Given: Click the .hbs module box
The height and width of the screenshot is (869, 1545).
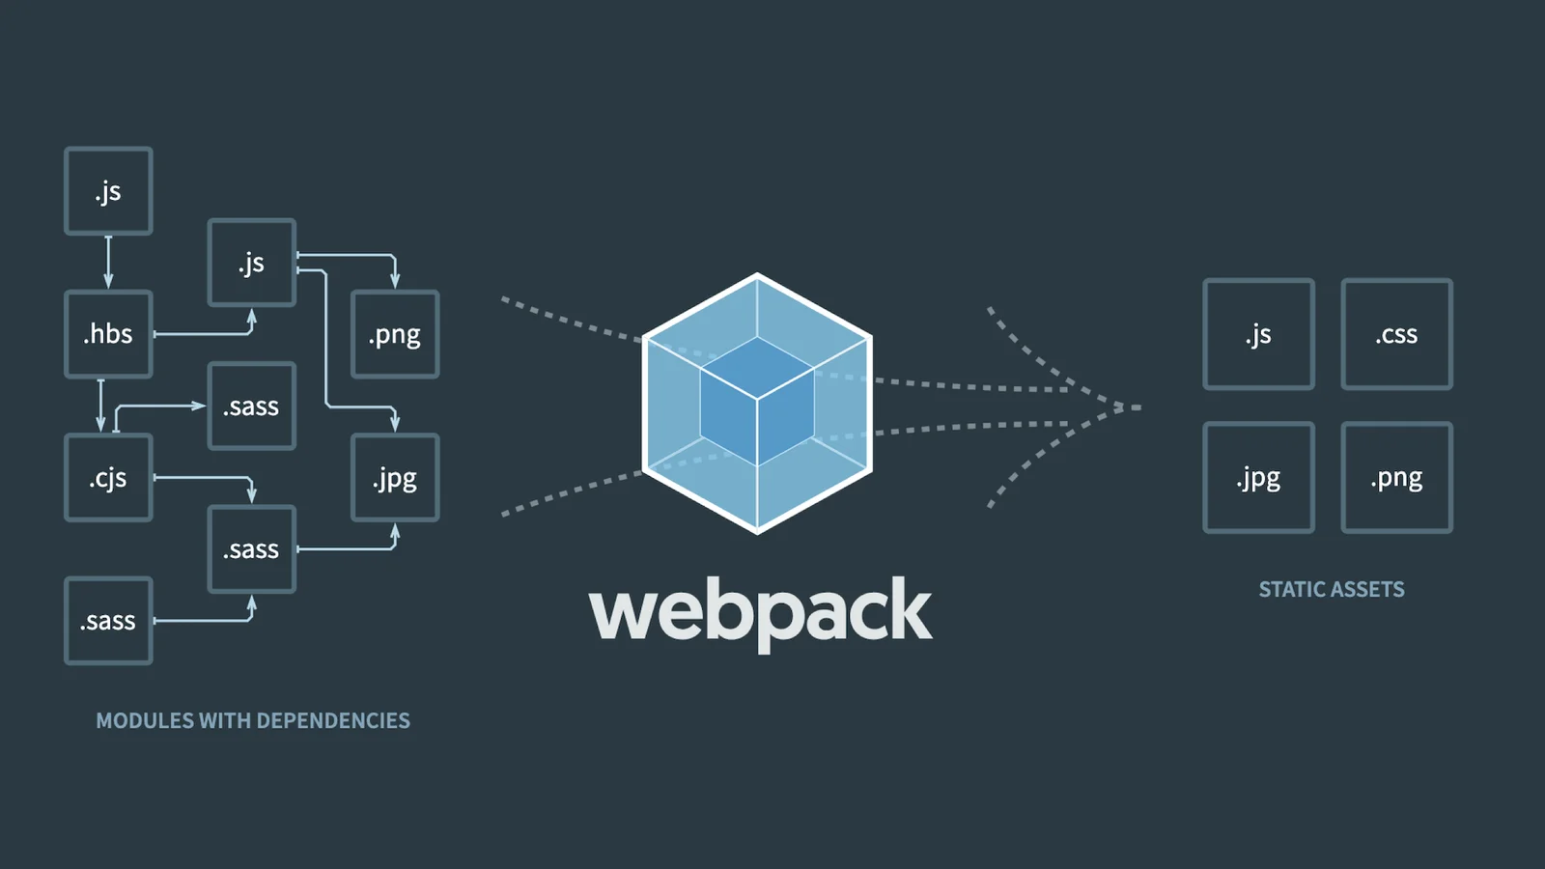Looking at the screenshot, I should pos(108,334).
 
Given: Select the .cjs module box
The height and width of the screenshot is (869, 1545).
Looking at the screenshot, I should pos(108,478).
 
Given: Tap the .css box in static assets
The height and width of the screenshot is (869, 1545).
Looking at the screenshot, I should pos(1396,334).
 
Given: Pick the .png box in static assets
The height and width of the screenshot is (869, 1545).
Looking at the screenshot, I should pos(1396,478).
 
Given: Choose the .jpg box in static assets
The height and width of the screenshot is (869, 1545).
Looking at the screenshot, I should pos(1258,478).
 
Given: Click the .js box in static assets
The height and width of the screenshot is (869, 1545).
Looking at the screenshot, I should pos(1258,334).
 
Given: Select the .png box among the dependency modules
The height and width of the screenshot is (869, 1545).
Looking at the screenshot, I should pos(395,334).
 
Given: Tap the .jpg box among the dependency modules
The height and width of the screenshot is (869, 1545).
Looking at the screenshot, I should pos(395,478).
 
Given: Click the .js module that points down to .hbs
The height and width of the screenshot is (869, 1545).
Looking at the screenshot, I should pos(108,191).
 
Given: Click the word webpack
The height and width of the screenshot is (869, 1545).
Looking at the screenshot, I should pos(761,611).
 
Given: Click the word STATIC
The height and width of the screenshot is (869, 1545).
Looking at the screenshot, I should pos(1292,590).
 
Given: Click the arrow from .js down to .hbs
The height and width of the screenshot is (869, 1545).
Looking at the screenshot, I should pos(108,262).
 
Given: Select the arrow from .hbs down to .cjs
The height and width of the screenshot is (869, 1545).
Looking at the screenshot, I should pos(100,406).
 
